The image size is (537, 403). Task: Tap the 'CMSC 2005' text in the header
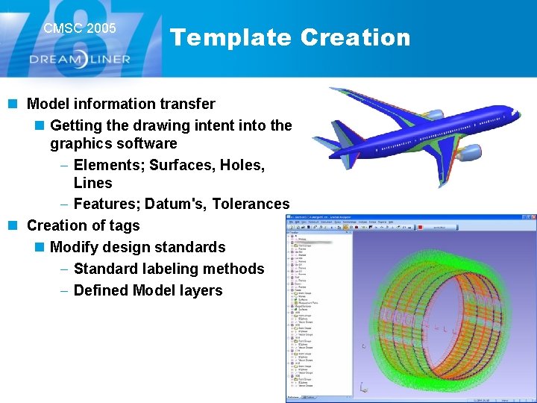[80, 28]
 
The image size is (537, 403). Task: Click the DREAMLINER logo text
[80, 59]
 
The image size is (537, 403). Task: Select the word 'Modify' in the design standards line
[75, 247]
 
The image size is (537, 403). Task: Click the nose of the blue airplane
[515, 113]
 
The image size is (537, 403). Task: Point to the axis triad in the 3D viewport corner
[363, 387]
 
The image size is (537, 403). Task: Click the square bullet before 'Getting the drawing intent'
[40, 126]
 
